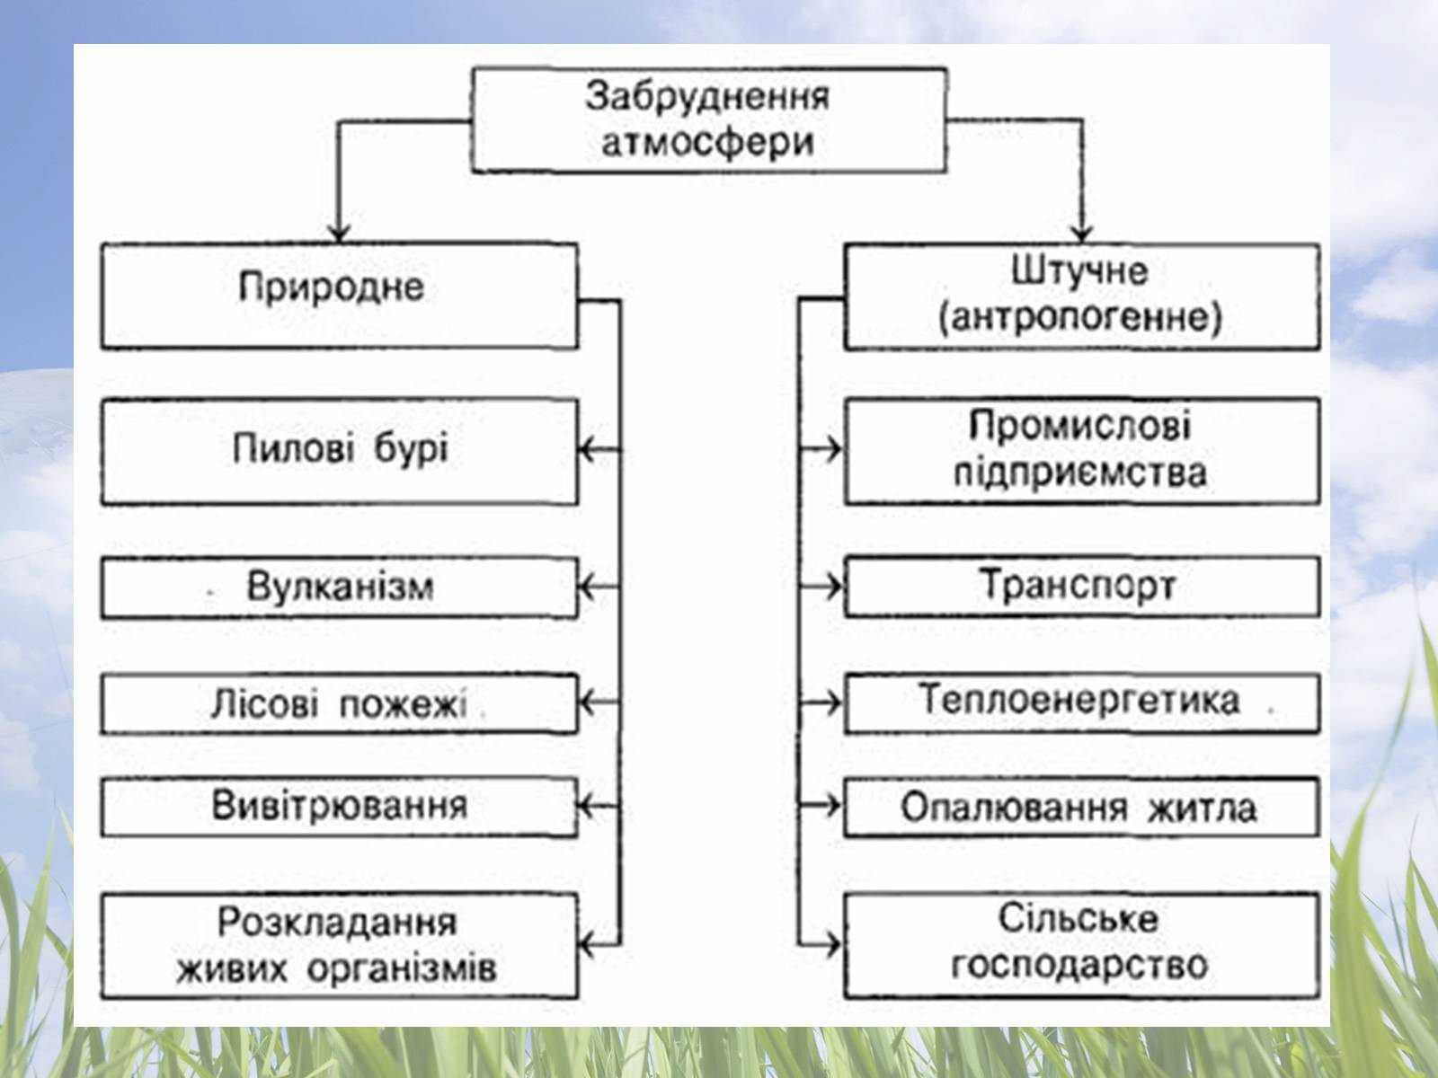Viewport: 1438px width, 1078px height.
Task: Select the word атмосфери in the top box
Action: (707, 142)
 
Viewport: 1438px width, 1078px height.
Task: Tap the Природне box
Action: (339, 296)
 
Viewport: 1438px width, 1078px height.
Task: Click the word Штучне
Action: (1080, 271)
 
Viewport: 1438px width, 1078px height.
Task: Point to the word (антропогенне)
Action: (1080, 319)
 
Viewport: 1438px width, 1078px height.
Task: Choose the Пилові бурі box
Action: (339, 451)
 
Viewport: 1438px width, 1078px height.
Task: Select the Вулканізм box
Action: (339, 588)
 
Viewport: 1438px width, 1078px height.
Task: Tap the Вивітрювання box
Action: (339, 806)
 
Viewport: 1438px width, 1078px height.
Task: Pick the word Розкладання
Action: (337, 922)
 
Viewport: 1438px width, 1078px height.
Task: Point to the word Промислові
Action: (1080, 425)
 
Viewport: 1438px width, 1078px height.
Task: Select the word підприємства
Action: (1080, 473)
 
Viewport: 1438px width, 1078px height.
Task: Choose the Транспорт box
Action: (1082, 587)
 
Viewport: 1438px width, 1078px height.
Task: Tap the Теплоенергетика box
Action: (1082, 702)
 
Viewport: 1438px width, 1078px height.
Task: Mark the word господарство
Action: (1080, 967)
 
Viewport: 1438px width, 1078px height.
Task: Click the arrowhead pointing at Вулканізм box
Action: (586, 588)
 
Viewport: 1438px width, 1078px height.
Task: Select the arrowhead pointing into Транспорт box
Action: (836, 587)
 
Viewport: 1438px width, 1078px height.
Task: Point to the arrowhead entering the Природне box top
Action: (338, 234)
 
